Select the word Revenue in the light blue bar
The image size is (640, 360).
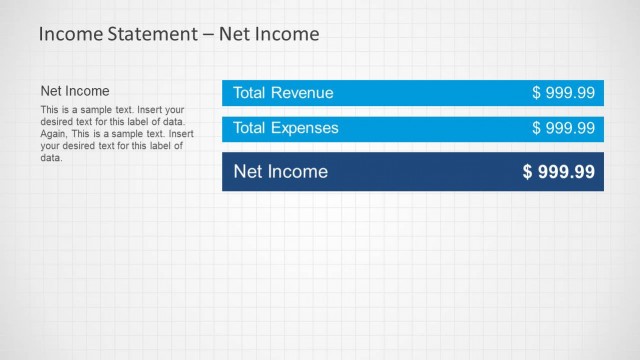pos(303,93)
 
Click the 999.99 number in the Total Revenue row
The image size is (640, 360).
pos(570,93)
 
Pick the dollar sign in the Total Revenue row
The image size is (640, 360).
pos(537,93)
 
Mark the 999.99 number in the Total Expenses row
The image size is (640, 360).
pos(570,128)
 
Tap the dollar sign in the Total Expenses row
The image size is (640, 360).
pos(537,128)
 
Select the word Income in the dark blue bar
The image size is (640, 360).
pos(297,171)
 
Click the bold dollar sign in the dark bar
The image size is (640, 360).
pos(528,172)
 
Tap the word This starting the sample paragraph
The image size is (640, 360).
pos(49,109)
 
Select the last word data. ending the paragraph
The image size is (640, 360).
pos(51,157)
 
